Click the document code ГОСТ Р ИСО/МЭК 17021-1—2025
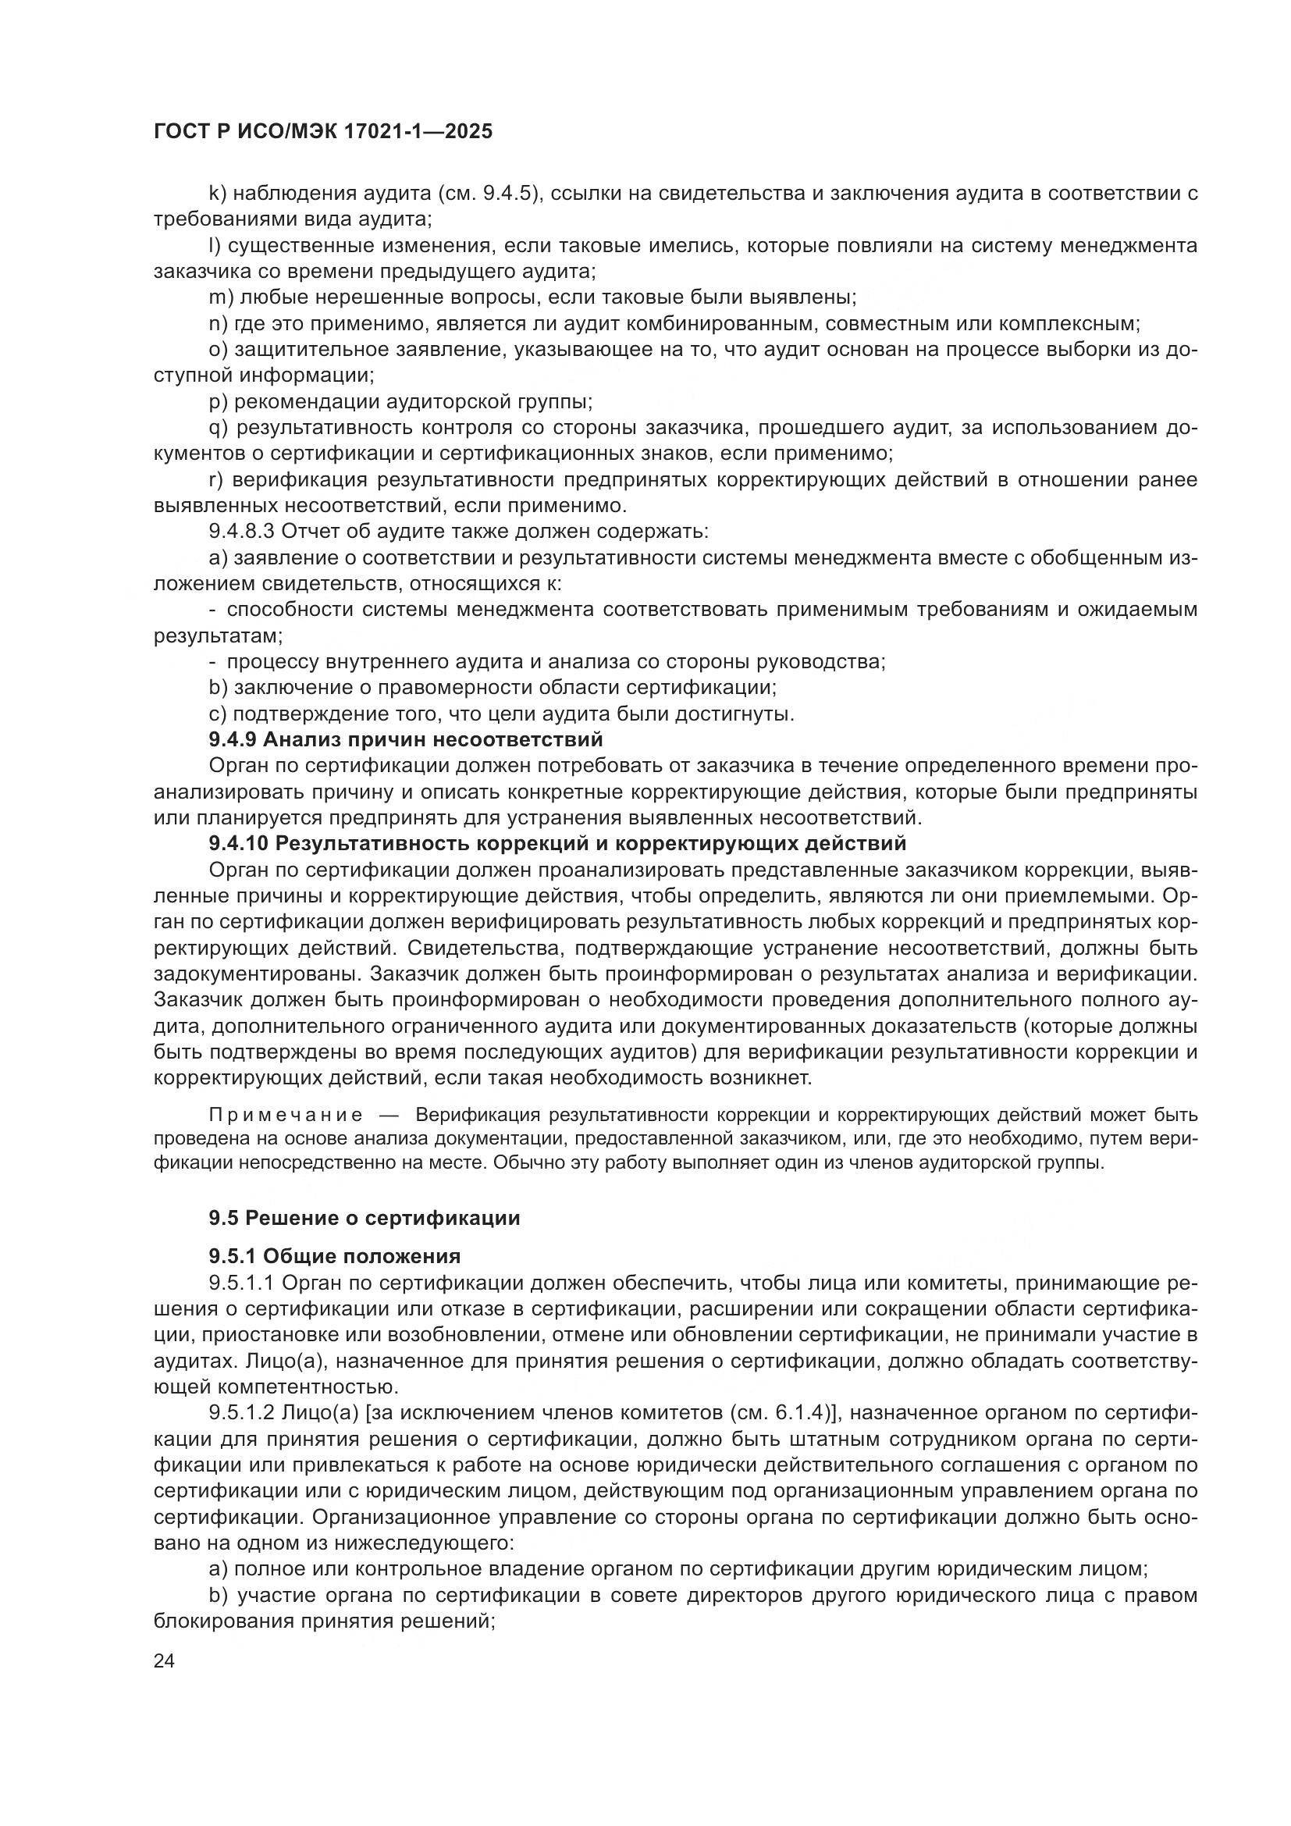tap(323, 131)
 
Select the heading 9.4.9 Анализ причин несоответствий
tap(405, 739)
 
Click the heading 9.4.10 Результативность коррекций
tap(557, 843)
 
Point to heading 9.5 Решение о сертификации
tap(364, 1218)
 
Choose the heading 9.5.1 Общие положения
tap(335, 1257)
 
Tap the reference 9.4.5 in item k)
tap(507, 194)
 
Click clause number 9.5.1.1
tap(242, 1283)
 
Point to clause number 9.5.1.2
tap(242, 1413)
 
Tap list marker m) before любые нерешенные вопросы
tap(220, 297)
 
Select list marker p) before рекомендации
tap(217, 401)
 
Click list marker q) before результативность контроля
tap(218, 428)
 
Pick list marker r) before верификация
tap(215, 479)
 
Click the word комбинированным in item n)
tap(722, 324)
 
